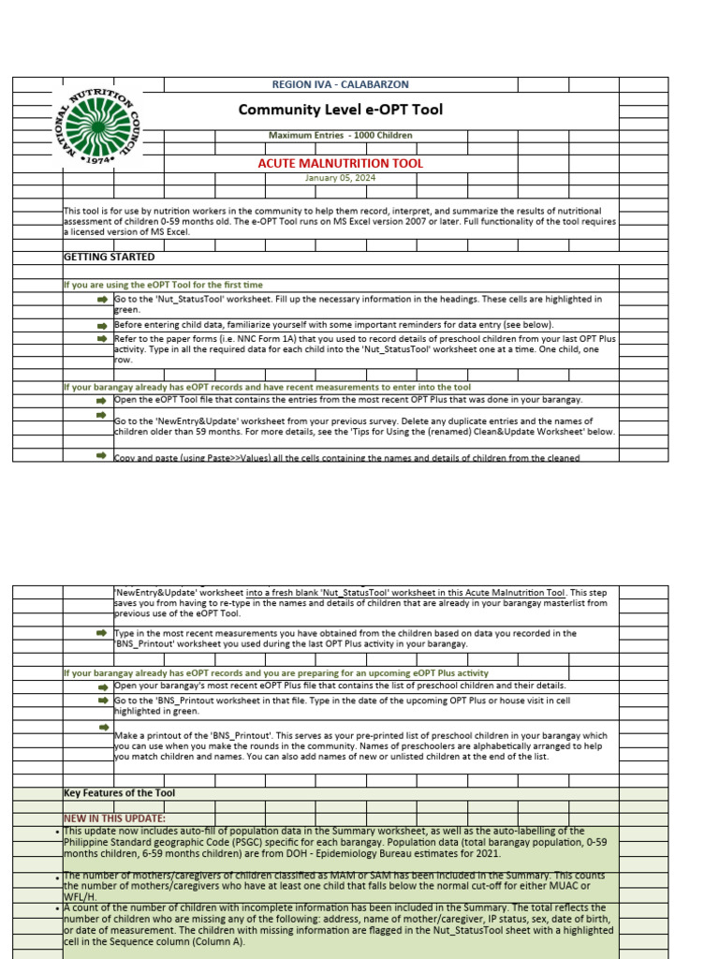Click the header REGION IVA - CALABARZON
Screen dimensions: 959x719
(340, 84)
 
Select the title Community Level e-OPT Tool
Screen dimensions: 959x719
(340, 110)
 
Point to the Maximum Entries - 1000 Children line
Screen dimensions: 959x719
(340, 135)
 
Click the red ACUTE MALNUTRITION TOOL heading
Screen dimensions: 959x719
(340, 163)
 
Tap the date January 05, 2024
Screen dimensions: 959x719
(340, 178)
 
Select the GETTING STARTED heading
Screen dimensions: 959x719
(109, 257)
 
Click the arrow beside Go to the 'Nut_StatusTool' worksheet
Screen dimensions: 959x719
(101, 299)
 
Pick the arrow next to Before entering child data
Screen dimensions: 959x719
(101, 323)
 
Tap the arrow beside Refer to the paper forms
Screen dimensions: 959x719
(101, 338)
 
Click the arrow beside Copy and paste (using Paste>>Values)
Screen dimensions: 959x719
(101, 455)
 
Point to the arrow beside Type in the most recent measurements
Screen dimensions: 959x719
(101, 634)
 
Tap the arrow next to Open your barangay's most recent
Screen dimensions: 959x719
(101, 686)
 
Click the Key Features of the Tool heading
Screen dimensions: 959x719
(119, 793)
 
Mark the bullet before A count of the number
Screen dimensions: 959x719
(59, 908)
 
